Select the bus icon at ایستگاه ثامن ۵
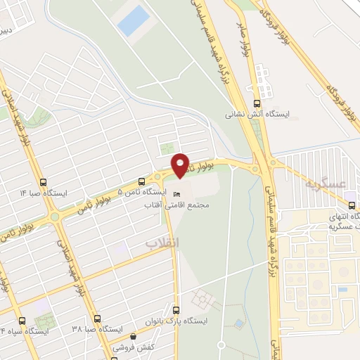pyautogui.click(x=142, y=181)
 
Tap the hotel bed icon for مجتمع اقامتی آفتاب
pyautogui.click(x=176, y=193)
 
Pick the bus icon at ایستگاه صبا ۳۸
pyautogui.click(x=97, y=319)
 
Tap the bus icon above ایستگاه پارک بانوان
pyautogui.click(x=177, y=309)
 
